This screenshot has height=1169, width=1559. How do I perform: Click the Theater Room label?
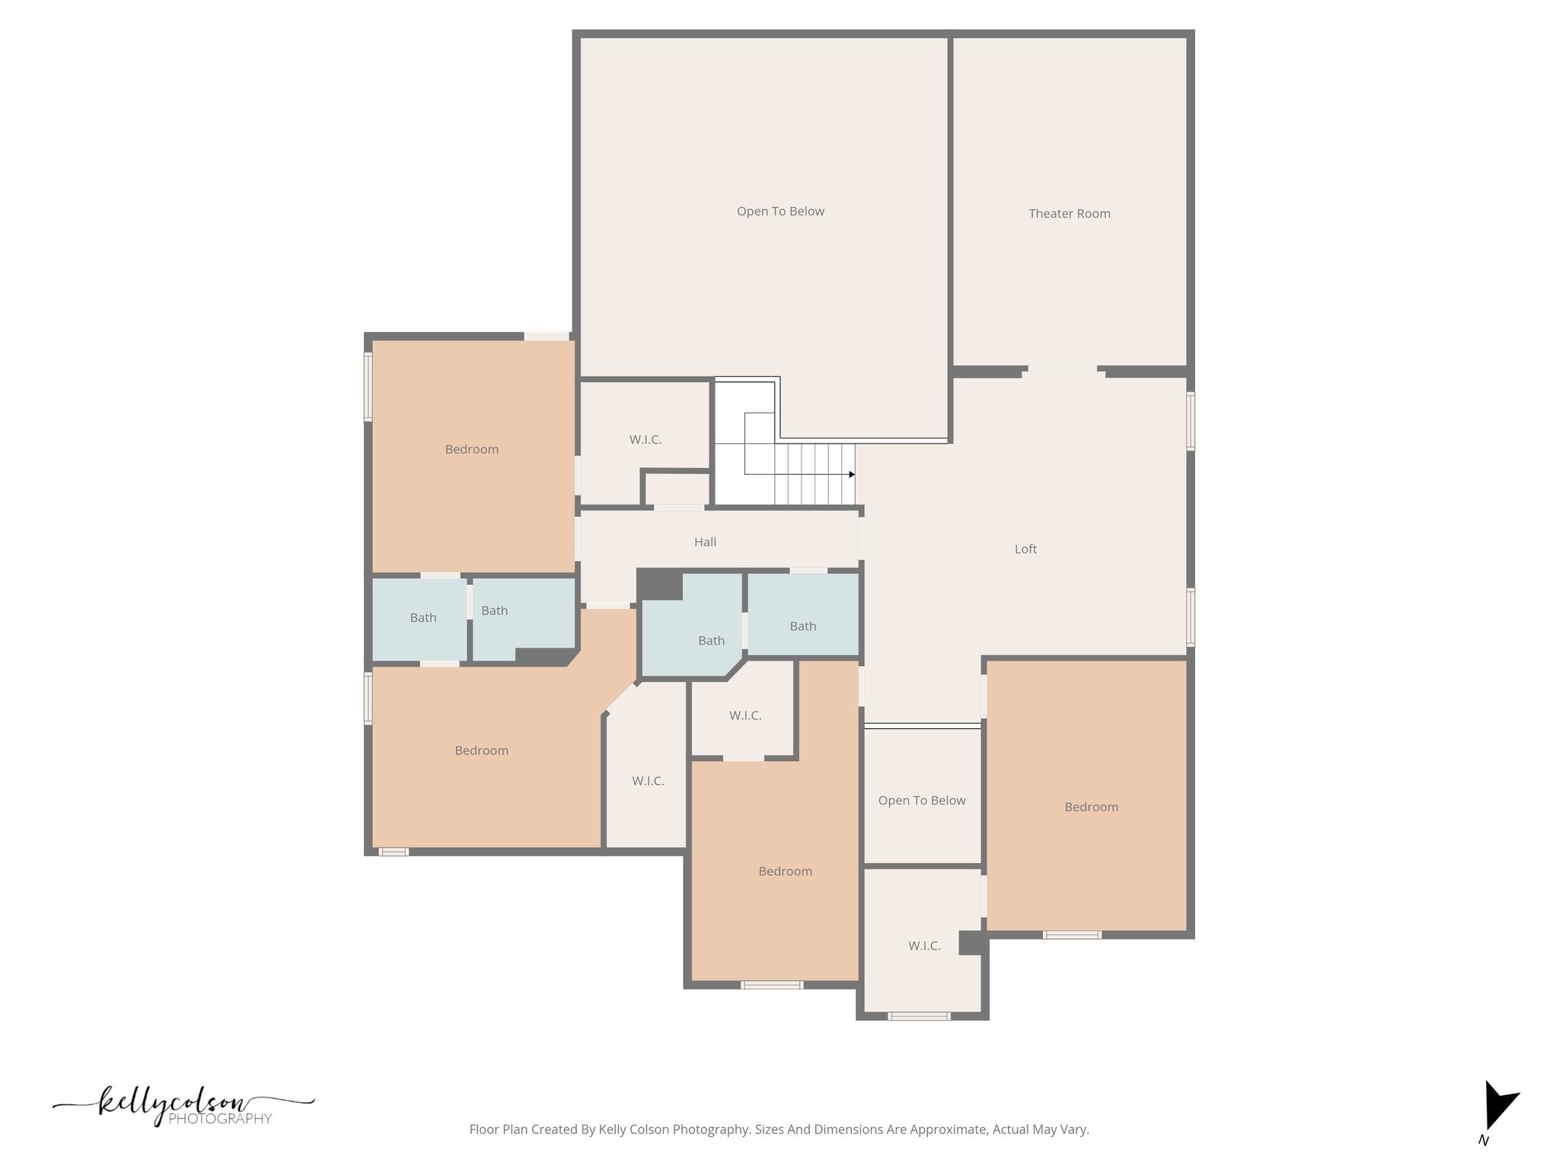(x=1069, y=214)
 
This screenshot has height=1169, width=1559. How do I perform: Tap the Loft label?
(x=1025, y=549)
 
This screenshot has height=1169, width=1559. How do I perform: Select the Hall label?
(x=705, y=542)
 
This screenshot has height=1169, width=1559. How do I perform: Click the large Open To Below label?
(x=780, y=212)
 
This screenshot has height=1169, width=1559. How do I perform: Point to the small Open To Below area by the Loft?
(x=922, y=800)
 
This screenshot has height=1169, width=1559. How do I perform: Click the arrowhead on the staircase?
(x=852, y=475)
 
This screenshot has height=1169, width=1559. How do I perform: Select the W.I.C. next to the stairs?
(x=645, y=440)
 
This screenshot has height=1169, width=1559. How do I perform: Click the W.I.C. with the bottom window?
(x=924, y=946)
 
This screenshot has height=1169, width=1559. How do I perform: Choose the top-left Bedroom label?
(x=472, y=449)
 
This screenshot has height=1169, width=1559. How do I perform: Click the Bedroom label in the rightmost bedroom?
(x=1091, y=807)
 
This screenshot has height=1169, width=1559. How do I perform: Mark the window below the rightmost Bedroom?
(x=1072, y=935)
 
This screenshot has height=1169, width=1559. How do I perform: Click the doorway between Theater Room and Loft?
(x=1063, y=369)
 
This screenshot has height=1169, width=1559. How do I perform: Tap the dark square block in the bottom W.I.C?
(x=970, y=943)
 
